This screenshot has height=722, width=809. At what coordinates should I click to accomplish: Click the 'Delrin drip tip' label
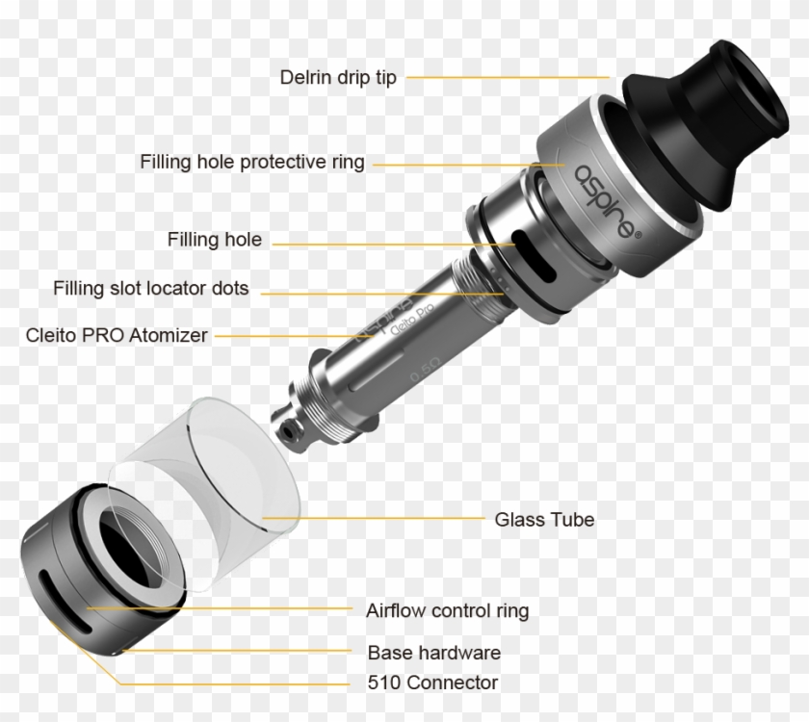[x=337, y=77]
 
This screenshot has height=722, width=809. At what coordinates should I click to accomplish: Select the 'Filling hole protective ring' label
[x=252, y=162]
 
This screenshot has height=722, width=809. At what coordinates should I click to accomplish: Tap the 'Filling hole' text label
[x=214, y=240]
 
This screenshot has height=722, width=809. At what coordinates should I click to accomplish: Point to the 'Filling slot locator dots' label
[x=151, y=288]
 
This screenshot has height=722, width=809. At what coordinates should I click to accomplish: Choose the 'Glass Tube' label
[x=544, y=520]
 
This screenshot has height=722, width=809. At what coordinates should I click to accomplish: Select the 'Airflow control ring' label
[x=447, y=610]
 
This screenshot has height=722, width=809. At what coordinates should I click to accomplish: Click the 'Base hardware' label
[x=433, y=653]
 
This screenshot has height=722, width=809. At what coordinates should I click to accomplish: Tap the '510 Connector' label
[x=432, y=683]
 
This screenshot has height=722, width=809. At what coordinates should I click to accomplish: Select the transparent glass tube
[x=222, y=462]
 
